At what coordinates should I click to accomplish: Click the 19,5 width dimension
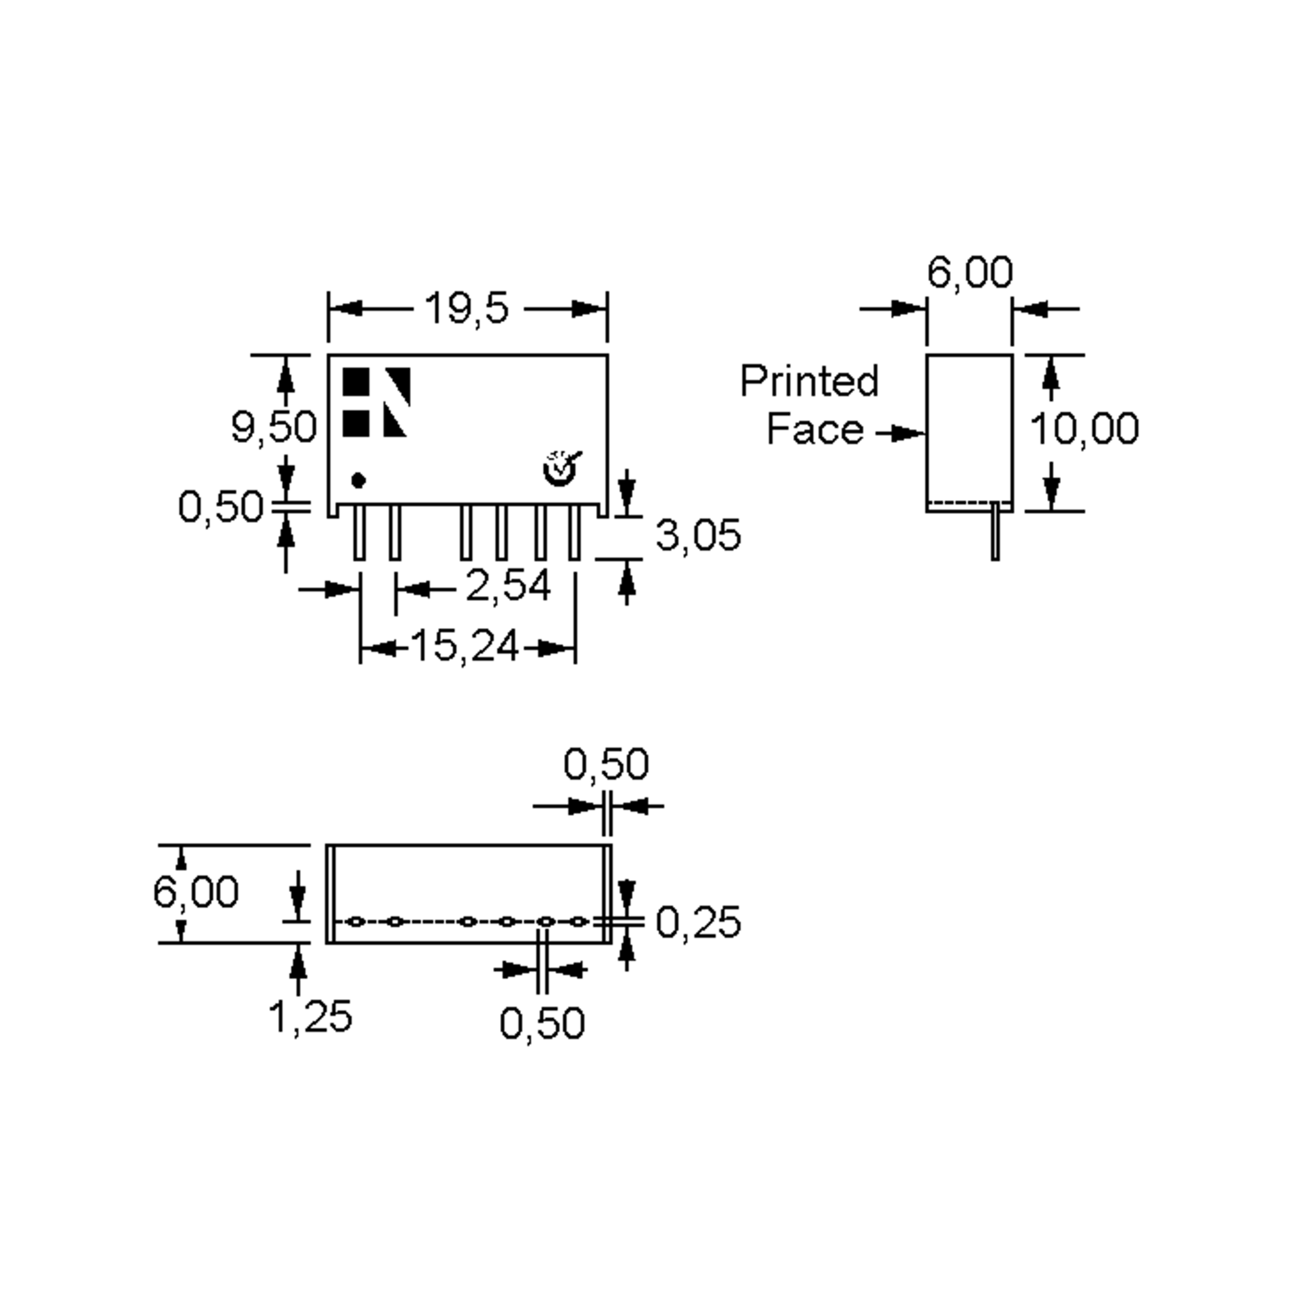466,309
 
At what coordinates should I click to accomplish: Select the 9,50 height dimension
273,427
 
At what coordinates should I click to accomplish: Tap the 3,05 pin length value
698,536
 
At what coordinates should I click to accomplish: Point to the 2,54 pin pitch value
508,586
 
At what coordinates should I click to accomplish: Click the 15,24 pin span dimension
464,647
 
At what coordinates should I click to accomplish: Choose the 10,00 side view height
1084,428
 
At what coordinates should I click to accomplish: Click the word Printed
809,381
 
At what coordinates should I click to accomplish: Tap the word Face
814,430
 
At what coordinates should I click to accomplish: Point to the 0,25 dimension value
698,922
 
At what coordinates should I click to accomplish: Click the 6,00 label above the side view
969,272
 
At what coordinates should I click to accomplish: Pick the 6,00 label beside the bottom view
195,892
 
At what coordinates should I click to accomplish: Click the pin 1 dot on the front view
359,480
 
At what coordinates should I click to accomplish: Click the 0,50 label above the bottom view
606,764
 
